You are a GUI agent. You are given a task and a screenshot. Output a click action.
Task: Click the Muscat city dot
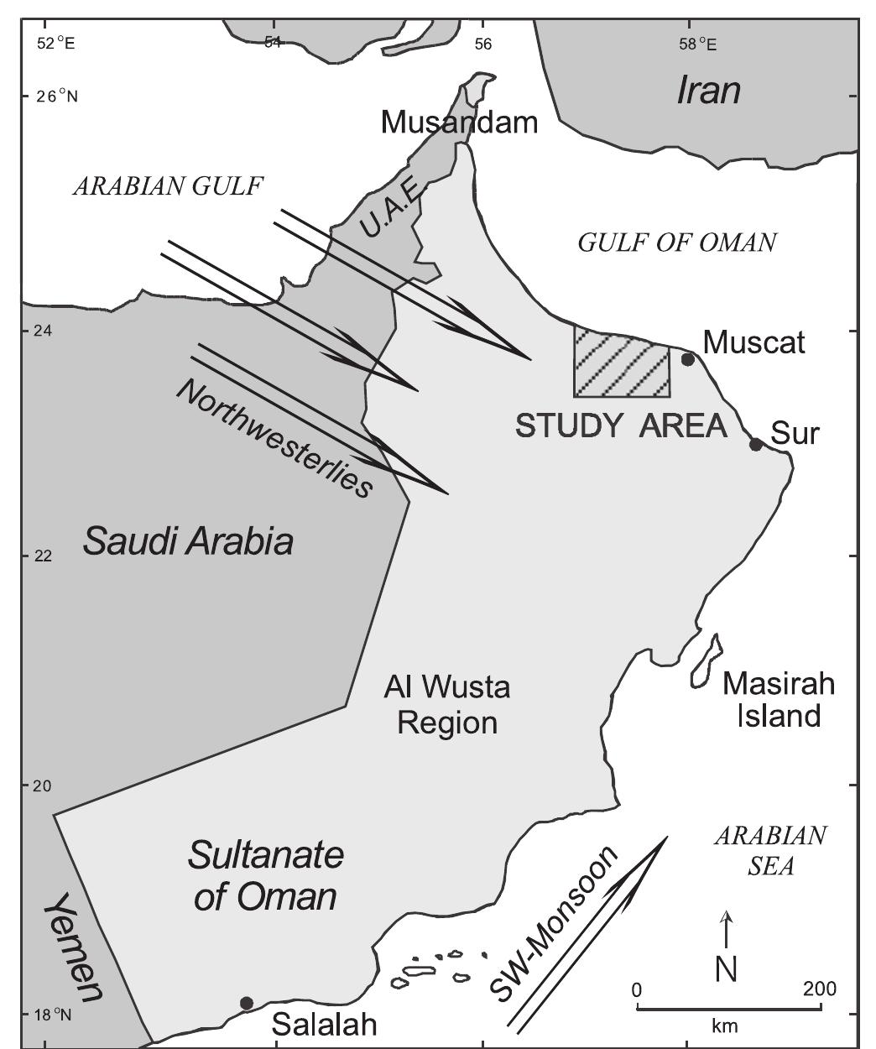pyautogui.click(x=688, y=359)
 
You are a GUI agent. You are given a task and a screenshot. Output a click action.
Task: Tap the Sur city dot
pyautogui.click(x=756, y=444)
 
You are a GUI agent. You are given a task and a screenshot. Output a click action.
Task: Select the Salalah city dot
pyautogui.click(x=246, y=1003)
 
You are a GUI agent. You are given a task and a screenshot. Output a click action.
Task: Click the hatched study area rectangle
pyautogui.click(x=622, y=362)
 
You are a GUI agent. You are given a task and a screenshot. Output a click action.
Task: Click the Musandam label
pyautogui.click(x=459, y=123)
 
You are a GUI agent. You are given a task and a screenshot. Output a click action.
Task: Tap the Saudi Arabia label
pyautogui.click(x=188, y=542)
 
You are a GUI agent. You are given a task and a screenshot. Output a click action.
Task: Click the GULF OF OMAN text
pyautogui.click(x=677, y=243)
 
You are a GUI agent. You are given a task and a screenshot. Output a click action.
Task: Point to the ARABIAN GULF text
pyautogui.click(x=168, y=186)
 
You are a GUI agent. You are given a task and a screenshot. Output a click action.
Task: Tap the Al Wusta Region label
pyautogui.click(x=446, y=706)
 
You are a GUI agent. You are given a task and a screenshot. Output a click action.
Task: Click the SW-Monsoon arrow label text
pyautogui.click(x=551, y=923)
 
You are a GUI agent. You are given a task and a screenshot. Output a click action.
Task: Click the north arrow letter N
pyautogui.click(x=727, y=969)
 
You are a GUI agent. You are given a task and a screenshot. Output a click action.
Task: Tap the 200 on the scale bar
pyautogui.click(x=819, y=989)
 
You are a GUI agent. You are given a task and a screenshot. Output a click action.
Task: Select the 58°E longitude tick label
pyautogui.click(x=698, y=42)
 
